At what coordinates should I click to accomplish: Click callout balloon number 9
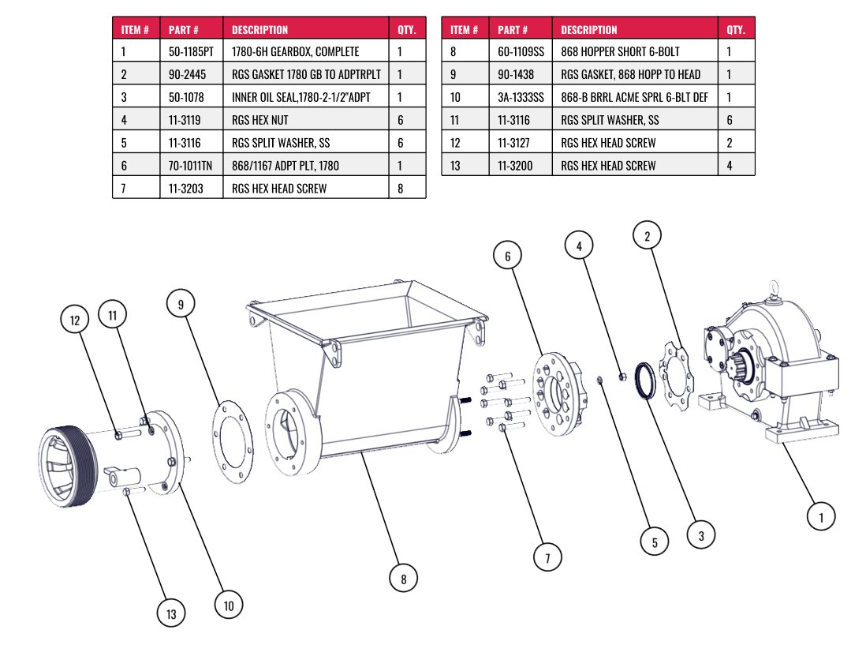coord(181,304)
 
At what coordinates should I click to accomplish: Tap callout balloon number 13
coord(170,613)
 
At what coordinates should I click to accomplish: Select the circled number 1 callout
coord(821,517)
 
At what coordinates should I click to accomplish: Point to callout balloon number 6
coord(508,256)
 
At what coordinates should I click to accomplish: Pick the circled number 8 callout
coord(404,579)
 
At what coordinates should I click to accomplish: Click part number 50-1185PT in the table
coord(191,52)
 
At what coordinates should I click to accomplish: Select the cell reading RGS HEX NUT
coord(260,121)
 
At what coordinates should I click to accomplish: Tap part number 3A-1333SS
coord(521,98)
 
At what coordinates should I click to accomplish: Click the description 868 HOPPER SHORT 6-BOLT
coord(620,52)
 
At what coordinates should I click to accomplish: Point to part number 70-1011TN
coord(191,166)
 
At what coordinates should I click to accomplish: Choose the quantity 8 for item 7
coord(401,189)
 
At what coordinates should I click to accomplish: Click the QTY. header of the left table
coord(406,30)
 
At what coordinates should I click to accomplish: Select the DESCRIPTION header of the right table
coord(589,30)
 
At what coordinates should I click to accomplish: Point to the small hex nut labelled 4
coord(622,377)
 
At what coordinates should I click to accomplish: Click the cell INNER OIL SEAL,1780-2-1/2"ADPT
coord(300,98)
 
